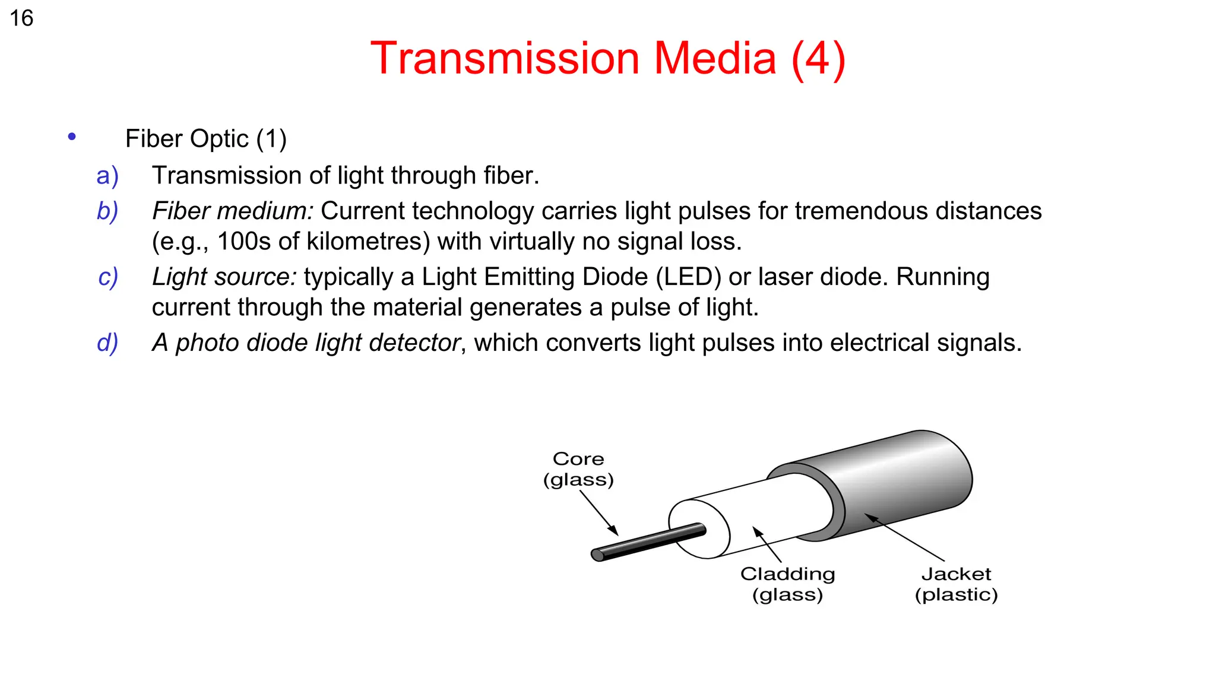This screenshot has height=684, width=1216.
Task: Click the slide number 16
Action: point(21,18)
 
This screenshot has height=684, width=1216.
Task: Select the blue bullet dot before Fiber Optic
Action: point(72,137)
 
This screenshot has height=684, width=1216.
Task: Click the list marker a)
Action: point(108,176)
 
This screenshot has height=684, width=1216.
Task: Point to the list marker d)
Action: point(108,343)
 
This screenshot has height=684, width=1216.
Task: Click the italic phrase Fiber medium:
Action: point(232,211)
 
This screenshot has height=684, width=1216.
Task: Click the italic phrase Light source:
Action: point(224,277)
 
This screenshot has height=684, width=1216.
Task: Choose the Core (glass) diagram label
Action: point(578,469)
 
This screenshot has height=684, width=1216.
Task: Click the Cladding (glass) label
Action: point(787,584)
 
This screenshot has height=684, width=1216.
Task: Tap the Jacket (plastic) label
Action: point(956,584)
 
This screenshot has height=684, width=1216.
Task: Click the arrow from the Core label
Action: point(598,514)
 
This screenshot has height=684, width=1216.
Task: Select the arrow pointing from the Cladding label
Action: point(767,544)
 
